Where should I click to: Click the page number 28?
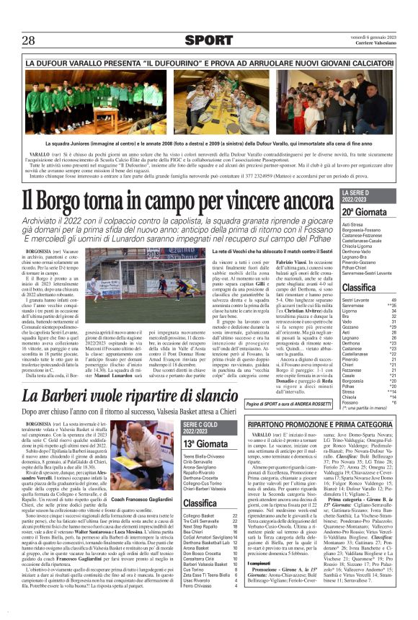pos(30,40)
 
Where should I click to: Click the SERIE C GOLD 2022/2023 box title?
pos(203,426)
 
